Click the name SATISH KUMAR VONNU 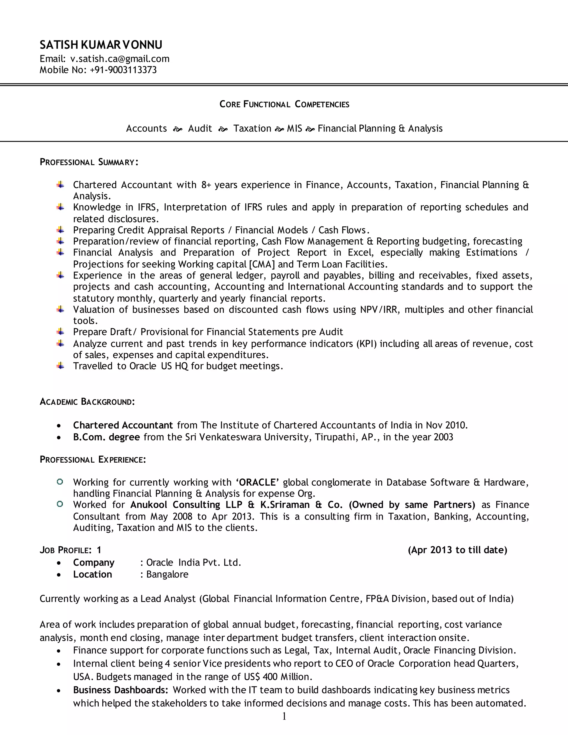coord(101,45)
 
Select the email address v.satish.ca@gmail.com coord(120,59)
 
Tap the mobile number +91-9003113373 coord(123,70)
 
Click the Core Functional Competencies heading coord(284,104)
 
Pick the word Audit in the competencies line coord(200,129)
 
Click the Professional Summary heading coord(89,162)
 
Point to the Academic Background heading coord(87,402)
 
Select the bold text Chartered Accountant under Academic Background coord(123,425)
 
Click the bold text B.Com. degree coord(106,437)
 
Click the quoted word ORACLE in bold coord(257,482)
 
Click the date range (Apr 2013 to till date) coord(457,550)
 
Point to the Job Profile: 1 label coord(70,550)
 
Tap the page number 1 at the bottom coord(284,717)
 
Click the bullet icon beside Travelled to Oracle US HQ coord(60,366)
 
